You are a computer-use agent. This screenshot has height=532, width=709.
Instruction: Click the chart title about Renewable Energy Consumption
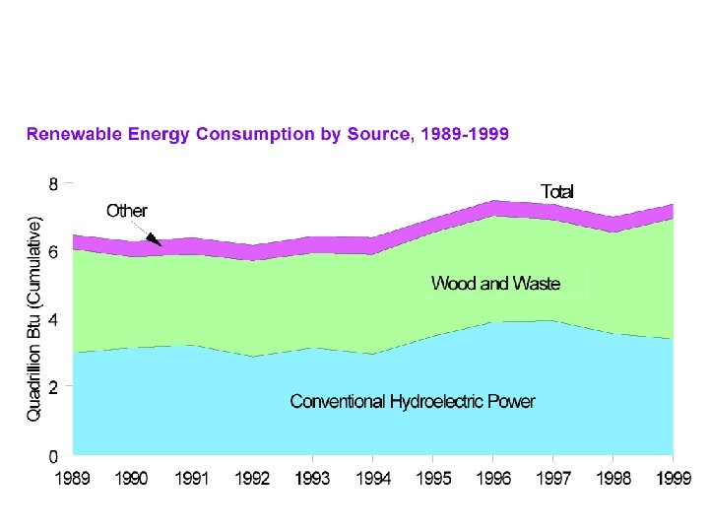pyautogui.click(x=267, y=133)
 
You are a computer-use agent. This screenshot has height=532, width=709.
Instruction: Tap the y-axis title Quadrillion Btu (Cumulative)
pyautogui.click(x=35, y=321)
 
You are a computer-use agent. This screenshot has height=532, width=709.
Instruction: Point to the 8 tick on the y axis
pyautogui.click(x=54, y=183)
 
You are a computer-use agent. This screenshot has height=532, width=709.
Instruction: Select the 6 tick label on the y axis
pyautogui.click(x=54, y=251)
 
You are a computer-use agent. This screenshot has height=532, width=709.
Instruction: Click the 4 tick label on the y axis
pyautogui.click(x=54, y=320)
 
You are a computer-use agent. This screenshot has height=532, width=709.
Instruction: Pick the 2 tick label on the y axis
pyautogui.click(x=54, y=388)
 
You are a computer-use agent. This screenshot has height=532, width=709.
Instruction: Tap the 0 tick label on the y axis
pyautogui.click(x=54, y=456)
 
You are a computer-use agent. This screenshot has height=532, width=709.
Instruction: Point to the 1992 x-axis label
pyautogui.click(x=252, y=479)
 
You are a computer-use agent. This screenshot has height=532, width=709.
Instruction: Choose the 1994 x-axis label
pyautogui.click(x=372, y=479)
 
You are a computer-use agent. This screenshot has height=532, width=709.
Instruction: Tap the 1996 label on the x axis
pyautogui.click(x=493, y=479)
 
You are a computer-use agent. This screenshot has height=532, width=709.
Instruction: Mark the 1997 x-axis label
pyautogui.click(x=553, y=479)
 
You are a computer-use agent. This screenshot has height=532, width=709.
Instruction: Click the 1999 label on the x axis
pyautogui.click(x=673, y=479)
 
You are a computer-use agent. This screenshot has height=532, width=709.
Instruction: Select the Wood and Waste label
pyautogui.click(x=495, y=284)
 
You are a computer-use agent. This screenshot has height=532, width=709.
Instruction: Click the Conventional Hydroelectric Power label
pyautogui.click(x=413, y=401)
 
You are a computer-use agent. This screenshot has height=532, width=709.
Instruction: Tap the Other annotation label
pyautogui.click(x=127, y=211)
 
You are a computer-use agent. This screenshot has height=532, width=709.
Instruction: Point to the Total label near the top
pyautogui.click(x=556, y=191)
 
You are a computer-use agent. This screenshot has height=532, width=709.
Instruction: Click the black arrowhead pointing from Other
pyautogui.click(x=156, y=239)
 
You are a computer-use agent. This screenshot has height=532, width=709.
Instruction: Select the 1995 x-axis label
pyautogui.click(x=433, y=479)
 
